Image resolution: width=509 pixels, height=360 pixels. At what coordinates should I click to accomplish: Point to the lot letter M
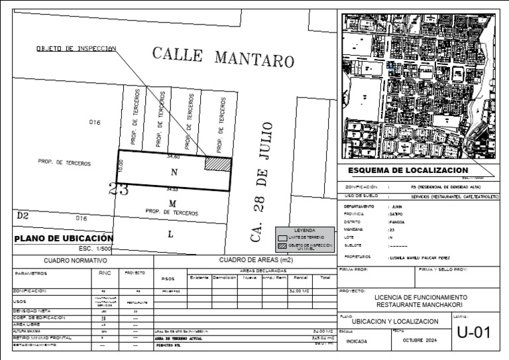click(x=172, y=203)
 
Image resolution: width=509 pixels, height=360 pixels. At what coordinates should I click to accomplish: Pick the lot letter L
click(x=170, y=233)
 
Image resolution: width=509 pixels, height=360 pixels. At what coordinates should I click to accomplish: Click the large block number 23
click(x=119, y=189)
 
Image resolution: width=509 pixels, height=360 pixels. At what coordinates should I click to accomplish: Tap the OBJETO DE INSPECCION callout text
click(x=76, y=48)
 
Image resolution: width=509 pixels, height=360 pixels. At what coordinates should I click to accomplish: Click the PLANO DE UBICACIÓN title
click(x=64, y=239)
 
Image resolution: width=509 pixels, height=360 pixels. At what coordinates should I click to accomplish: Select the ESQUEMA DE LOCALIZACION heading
click(x=408, y=171)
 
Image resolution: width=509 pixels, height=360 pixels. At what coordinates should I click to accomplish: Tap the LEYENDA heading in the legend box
click(x=305, y=229)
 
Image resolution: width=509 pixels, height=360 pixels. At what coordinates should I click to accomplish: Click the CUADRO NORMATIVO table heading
click(x=75, y=261)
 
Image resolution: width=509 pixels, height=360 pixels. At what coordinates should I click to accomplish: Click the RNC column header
click(x=105, y=272)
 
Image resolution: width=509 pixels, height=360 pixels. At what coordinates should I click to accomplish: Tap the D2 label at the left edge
click(x=23, y=215)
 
